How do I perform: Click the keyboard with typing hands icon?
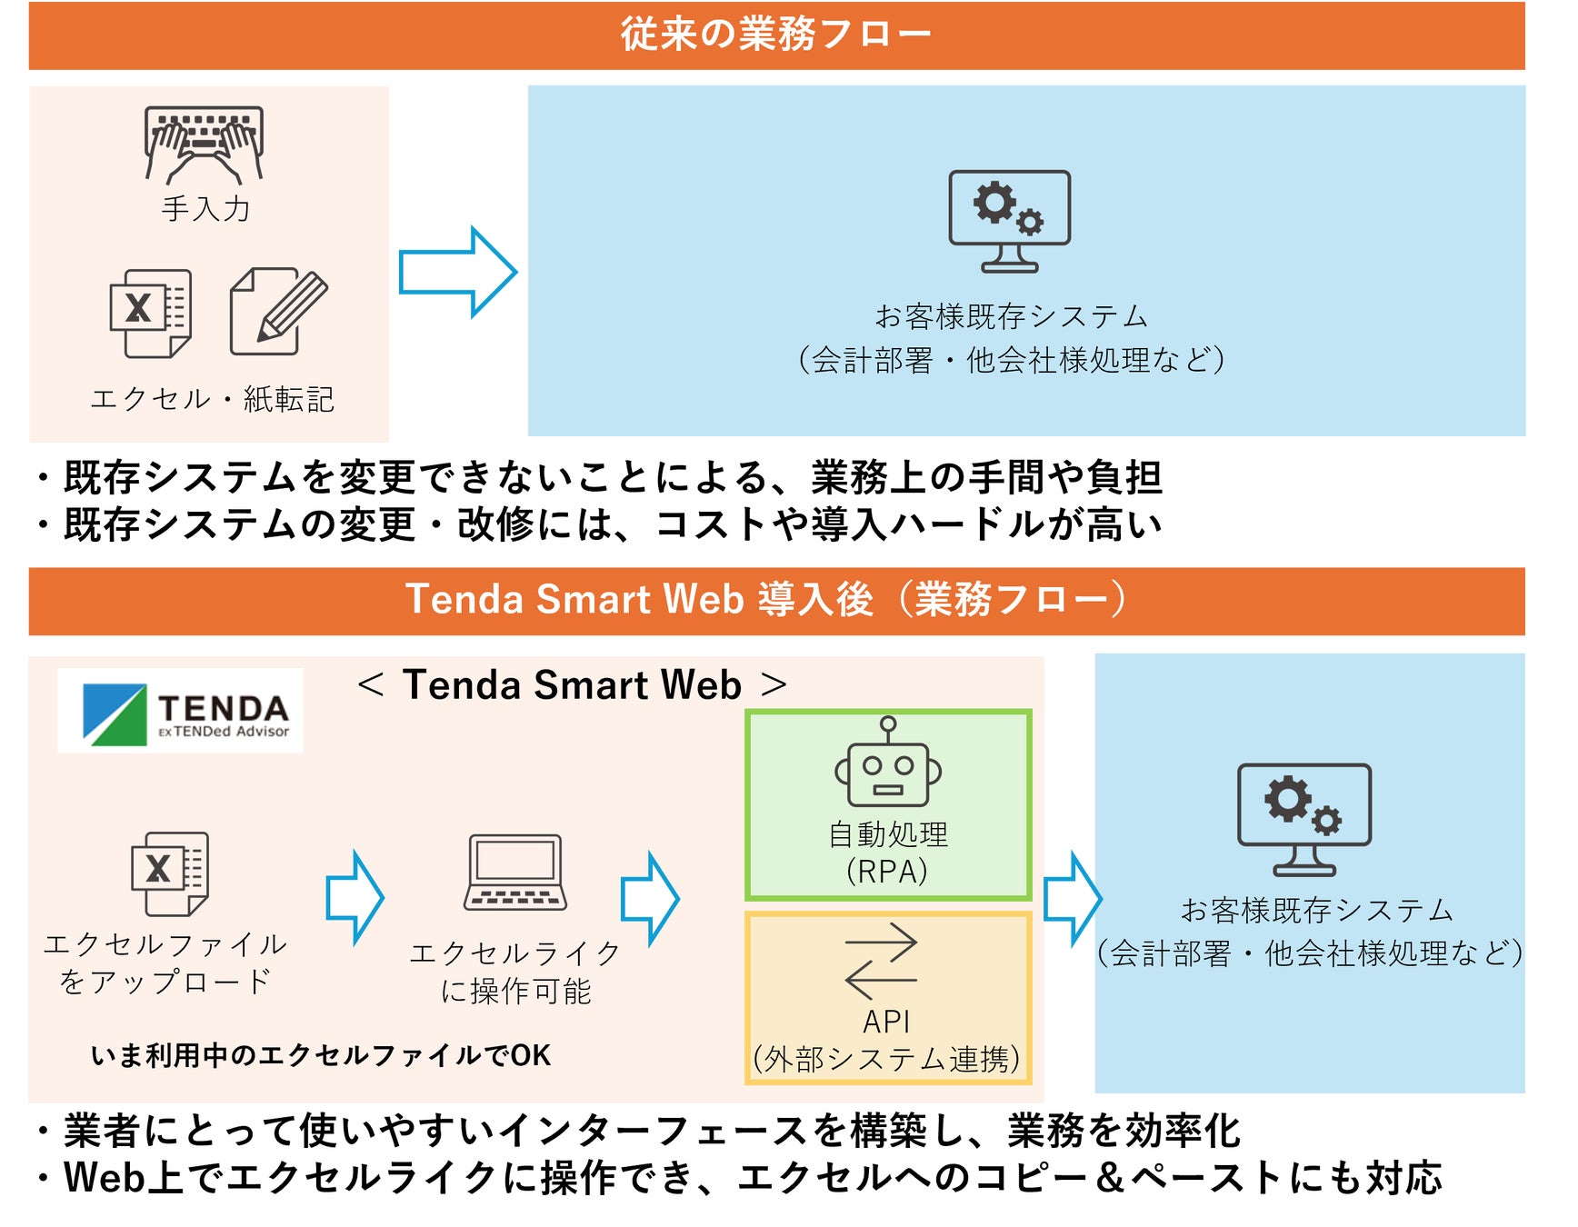pos(205,144)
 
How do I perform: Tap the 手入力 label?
pos(205,209)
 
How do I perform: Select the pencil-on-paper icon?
pos(278,311)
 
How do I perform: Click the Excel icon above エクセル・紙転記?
pos(151,313)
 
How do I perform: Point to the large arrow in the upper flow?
pos(457,272)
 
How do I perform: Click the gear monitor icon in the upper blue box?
pos(1009,221)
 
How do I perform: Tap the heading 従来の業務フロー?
pos(775,35)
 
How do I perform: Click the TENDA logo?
pos(180,712)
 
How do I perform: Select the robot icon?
pos(888,763)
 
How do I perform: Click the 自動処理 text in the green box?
pos(888,833)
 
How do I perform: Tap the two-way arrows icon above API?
pos(880,961)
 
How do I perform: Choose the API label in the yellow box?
pos(886,1022)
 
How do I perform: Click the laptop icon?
pos(515,872)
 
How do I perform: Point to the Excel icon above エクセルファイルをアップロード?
pos(170,873)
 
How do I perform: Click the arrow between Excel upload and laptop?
pos(355,897)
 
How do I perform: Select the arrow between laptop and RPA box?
pos(649,898)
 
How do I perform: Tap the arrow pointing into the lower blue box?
pos(1073,898)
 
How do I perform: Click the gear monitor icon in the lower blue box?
pos(1303,819)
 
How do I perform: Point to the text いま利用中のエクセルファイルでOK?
pos(320,1055)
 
